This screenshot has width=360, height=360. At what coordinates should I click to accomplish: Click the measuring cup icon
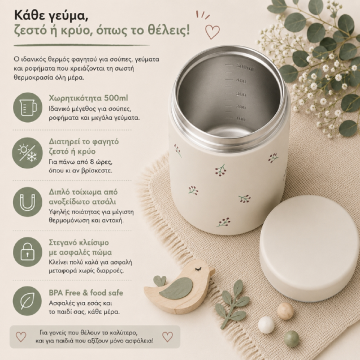click(x=28, y=107)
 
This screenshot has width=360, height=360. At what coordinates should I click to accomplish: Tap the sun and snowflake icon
click(x=27, y=153)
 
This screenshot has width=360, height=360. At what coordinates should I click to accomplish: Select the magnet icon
click(x=28, y=202)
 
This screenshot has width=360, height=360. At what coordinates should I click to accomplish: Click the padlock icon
click(x=28, y=252)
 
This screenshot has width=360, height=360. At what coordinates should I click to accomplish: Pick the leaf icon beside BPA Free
click(x=27, y=301)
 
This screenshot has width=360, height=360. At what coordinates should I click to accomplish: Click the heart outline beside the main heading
click(x=212, y=32)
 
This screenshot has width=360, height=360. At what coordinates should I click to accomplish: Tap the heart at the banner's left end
click(x=21, y=337)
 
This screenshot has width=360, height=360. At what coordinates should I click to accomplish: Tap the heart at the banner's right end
click(x=168, y=337)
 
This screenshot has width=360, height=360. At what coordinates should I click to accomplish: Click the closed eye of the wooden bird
click(x=198, y=269)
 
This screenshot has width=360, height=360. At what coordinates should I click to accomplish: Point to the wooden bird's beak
click(x=212, y=272)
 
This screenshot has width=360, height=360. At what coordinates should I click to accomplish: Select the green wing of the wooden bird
click(x=176, y=288)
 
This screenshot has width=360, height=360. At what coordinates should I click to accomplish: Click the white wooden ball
click(x=266, y=325)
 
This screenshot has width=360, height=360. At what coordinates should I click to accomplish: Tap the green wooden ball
click(x=292, y=339)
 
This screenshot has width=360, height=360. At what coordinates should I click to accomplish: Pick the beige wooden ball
click(x=285, y=311)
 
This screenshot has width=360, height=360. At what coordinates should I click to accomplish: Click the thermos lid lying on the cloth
click(x=310, y=249)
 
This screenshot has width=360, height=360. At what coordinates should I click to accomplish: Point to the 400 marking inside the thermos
click(x=241, y=81)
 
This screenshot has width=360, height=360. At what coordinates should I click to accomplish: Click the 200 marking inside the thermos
click(x=241, y=107)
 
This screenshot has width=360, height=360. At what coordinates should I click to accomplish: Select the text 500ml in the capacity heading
click(x=116, y=98)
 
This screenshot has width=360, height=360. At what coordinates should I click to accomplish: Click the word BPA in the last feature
click(x=56, y=293)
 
